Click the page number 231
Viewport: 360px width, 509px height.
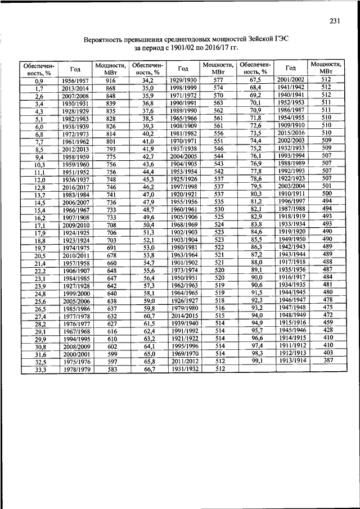pos(335,21)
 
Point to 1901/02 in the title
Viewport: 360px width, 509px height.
pos(183,49)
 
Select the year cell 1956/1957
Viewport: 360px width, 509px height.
pos(75,81)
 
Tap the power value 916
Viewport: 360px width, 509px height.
pos(110,81)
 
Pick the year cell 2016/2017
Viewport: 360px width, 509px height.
pos(75,187)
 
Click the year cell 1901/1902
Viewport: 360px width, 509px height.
pos(183,262)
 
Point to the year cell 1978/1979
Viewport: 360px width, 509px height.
pos(75,369)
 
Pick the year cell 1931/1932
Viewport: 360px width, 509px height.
pos(183,368)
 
